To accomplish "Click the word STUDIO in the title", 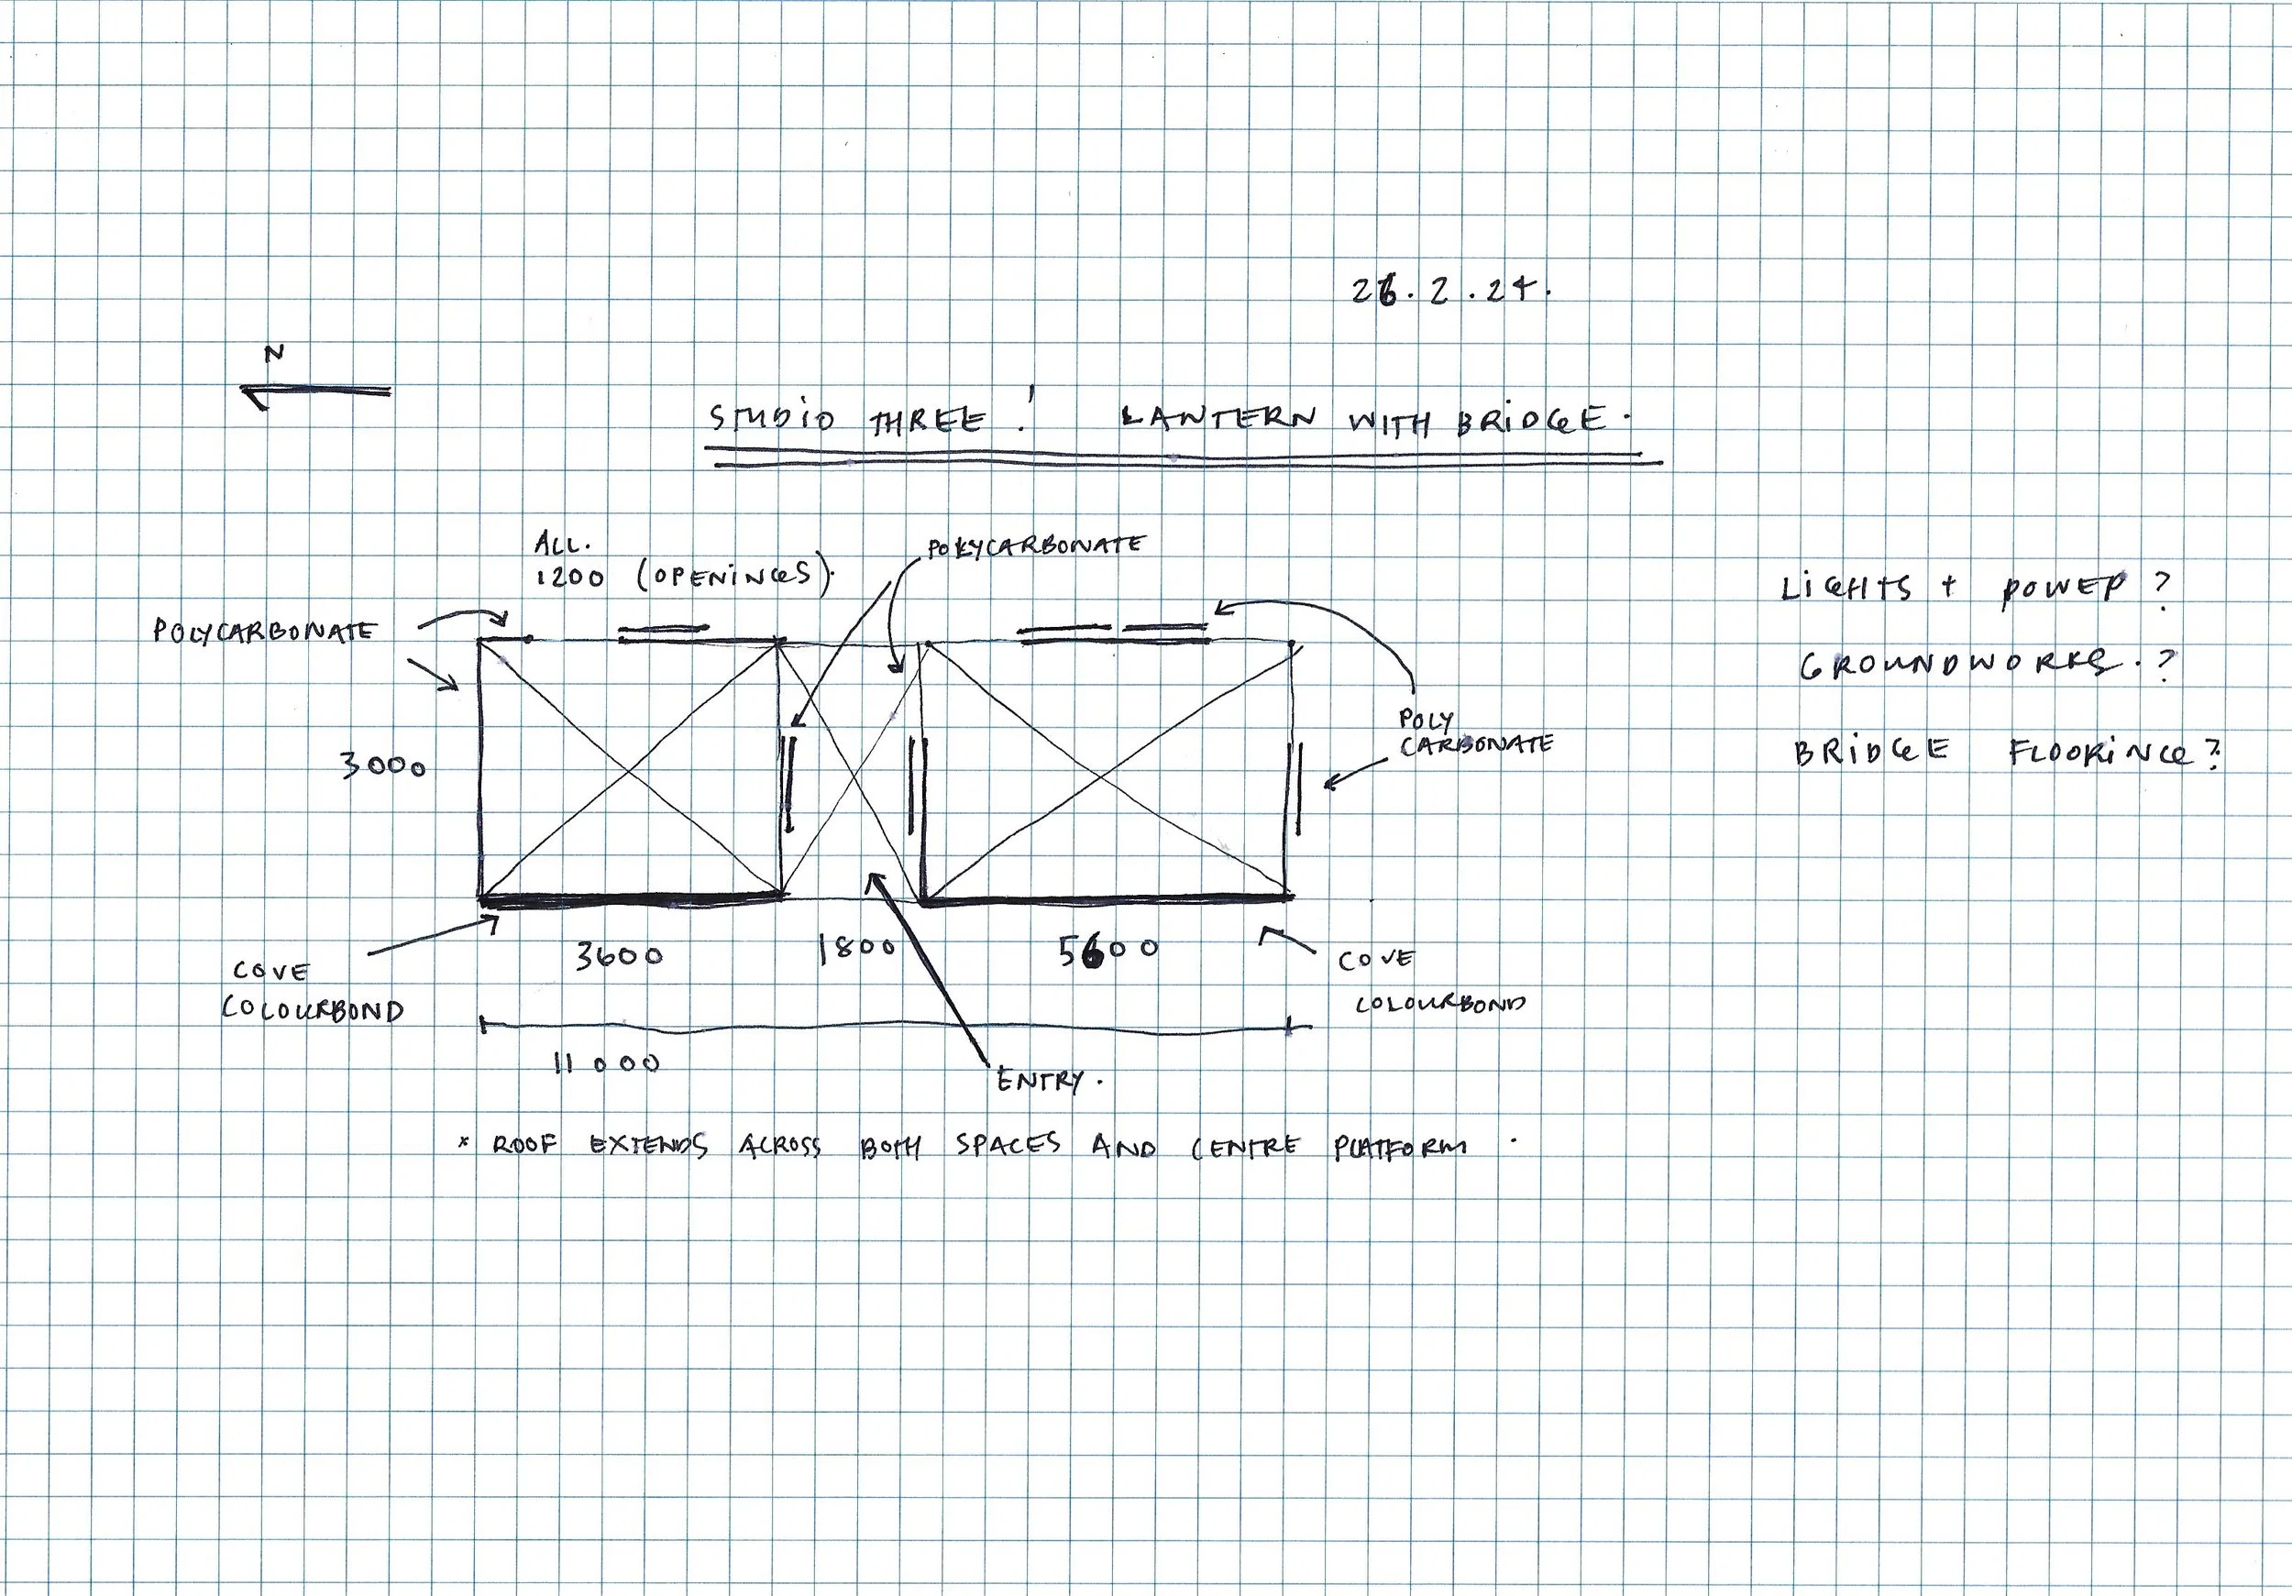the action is (x=772, y=418).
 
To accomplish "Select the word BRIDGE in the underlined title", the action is (x=1530, y=420).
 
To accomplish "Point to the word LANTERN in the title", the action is (x=1218, y=417).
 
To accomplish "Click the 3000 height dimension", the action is (x=383, y=765).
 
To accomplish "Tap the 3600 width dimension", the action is (x=619, y=955).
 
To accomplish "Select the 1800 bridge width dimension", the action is (x=856, y=948).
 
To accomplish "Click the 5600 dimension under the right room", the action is (x=1108, y=951).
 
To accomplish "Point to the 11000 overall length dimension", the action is (x=607, y=1064).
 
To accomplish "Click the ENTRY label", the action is (x=1041, y=1080).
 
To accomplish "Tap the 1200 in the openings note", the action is (x=570, y=578).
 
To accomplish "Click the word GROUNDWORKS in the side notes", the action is (x=1956, y=666).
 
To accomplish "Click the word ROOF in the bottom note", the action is (x=524, y=1146).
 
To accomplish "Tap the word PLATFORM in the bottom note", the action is (x=1400, y=1148).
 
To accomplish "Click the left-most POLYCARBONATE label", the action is (x=265, y=631).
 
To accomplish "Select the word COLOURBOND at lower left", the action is (x=313, y=1010).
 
